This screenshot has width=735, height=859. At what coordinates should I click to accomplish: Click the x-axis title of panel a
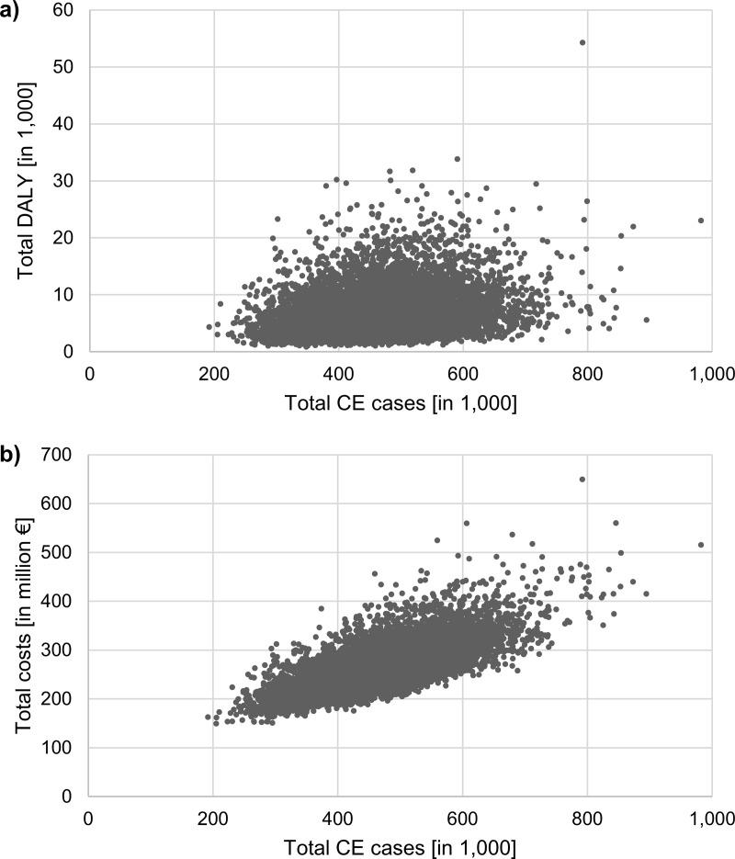pos(401,403)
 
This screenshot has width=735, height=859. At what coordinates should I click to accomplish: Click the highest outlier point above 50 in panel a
pos(582,42)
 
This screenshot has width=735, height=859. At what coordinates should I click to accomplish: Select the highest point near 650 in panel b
pos(582,479)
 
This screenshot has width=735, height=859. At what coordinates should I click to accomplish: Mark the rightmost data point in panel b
pos(701,545)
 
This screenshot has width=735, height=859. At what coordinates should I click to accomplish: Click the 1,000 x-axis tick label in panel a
pos(709,374)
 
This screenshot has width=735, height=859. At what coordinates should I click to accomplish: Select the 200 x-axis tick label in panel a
pos(213,374)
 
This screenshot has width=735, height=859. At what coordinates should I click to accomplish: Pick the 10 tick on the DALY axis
pos(65,294)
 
